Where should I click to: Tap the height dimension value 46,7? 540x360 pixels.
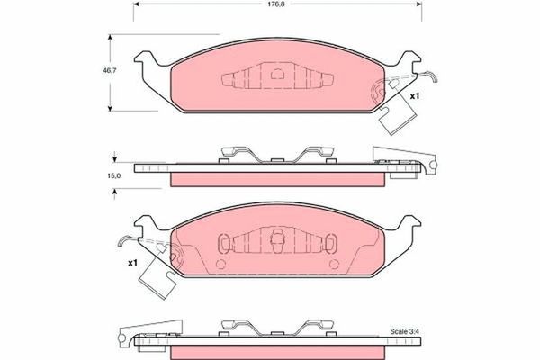pyautogui.click(x=110, y=70)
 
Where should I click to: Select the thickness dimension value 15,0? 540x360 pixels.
pyautogui.click(x=113, y=175)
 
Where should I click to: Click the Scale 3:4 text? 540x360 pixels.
pyautogui.click(x=404, y=331)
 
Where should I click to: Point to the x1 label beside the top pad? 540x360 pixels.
pyautogui.click(x=415, y=96)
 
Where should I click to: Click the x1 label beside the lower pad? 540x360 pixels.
pyautogui.click(x=132, y=263)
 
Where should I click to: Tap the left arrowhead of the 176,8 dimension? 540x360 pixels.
pyautogui.click(x=136, y=4)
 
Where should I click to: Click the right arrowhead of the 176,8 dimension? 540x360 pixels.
pyautogui.click(x=419, y=4)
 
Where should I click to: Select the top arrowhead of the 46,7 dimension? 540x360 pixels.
pyautogui.click(x=110, y=37)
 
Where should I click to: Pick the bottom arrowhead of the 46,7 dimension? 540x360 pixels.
pyautogui.click(x=110, y=108)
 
